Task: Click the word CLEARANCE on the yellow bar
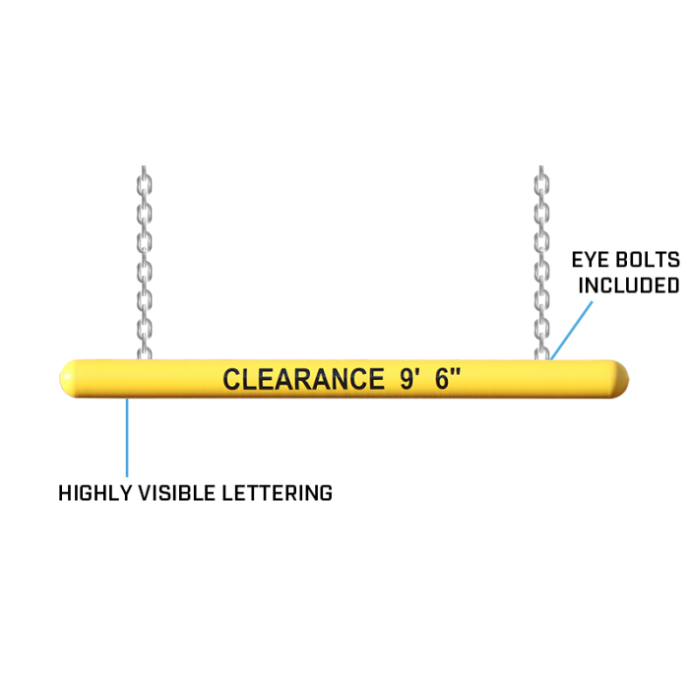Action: tap(303, 379)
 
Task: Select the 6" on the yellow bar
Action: tap(447, 378)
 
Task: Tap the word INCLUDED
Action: tap(629, 285)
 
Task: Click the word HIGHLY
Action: tap(94, 493)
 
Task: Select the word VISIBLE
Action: tap(177, 493)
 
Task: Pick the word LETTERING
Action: tap(278, 493)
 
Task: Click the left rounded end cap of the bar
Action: tap(67, 379)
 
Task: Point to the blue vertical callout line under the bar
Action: tap(127, 437)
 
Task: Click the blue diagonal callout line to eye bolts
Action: tap(572, 330)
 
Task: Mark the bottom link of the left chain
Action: tap(145, 353)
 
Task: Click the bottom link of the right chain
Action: tap(541, 353)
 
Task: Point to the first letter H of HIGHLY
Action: tap(65, 493)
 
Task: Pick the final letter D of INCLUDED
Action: tap(673, 285)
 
